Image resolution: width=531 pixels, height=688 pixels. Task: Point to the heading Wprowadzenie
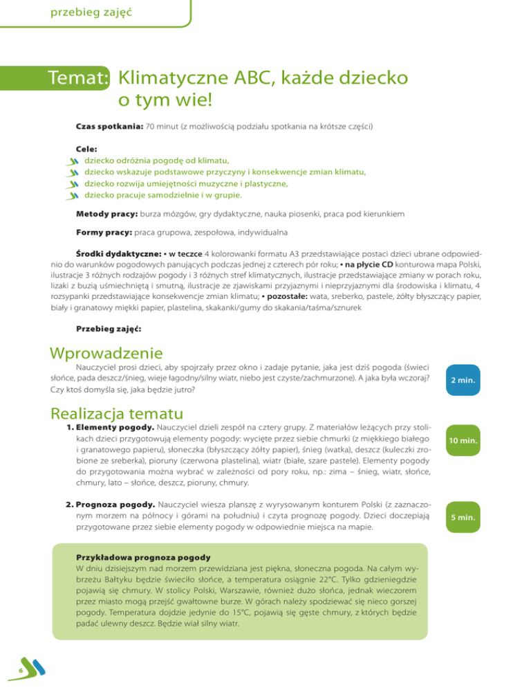coord(106,353)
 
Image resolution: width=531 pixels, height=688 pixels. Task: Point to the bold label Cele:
coord(86,149)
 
